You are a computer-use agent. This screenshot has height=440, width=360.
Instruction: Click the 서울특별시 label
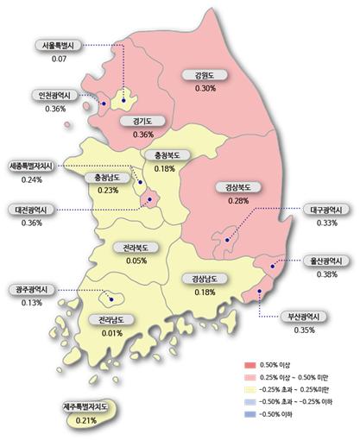coord(60,46)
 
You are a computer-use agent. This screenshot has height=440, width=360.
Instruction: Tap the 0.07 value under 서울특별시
coord(60,59)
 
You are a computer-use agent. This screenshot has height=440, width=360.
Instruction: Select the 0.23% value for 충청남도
coord(108,190)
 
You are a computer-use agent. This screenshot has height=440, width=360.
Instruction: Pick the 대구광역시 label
coord(327,210)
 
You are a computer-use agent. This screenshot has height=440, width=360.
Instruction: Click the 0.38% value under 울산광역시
coord(326,274)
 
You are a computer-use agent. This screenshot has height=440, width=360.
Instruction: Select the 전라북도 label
coord(135,247)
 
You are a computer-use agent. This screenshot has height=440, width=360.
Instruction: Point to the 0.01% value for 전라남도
coord(111,334)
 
